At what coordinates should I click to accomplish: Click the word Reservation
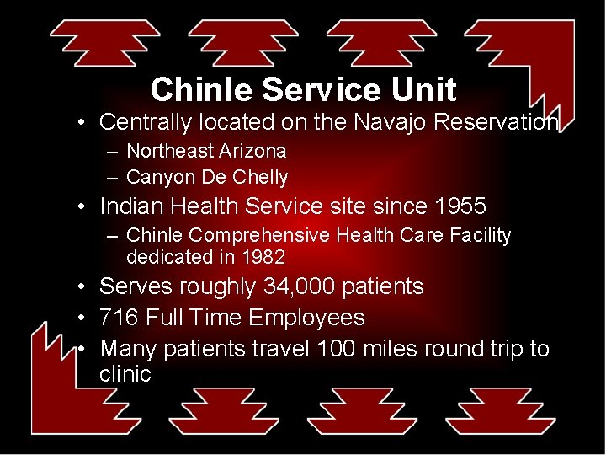(496, 122)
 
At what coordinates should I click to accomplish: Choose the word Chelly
(257, 178)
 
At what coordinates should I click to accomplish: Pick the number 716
(119, 318)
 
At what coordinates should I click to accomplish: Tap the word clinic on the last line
(125, 373)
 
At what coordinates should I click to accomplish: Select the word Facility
(482, 236)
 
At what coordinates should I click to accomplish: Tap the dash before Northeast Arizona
(112, 152)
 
